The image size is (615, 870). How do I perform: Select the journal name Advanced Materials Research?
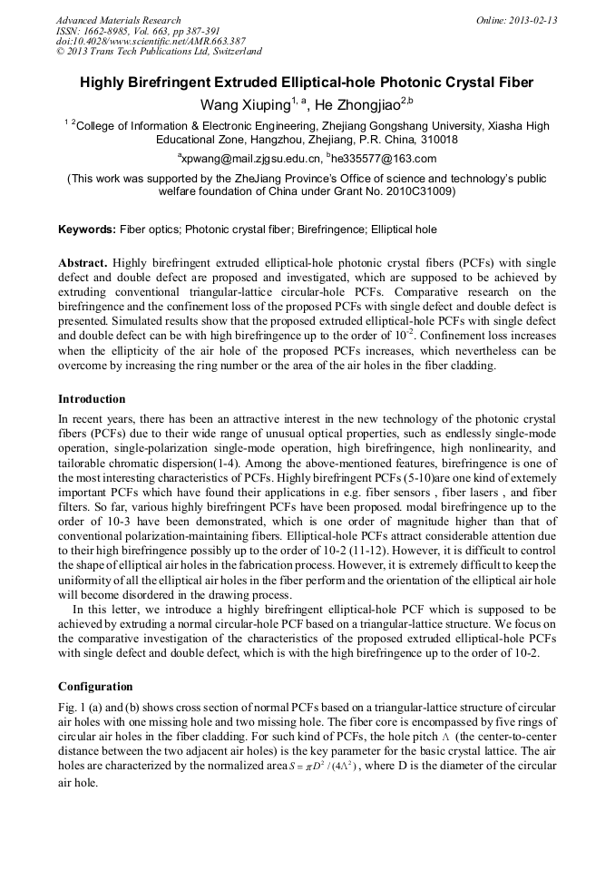click(118, 20)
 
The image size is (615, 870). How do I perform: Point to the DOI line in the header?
click(150, 41)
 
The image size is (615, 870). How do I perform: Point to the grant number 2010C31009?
click(420, 192)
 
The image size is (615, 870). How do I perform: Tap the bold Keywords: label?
click(88, 230)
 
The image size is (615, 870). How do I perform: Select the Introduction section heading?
click(92, 399)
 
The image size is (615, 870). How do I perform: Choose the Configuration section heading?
click(95, 687)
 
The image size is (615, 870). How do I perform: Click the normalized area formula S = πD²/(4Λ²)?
click(300, 766)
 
